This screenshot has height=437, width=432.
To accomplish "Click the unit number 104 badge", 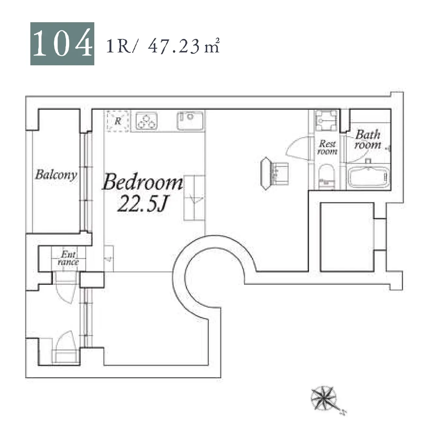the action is pyautogui.click(x=62, y=43).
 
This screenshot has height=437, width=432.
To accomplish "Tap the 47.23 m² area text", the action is pyautogui.click(x=184, y=46).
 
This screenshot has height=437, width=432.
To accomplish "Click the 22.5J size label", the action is pyautogui.click(x=143, y=204).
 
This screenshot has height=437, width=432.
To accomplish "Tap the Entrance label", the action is pyautogui.click(x=68, y=258).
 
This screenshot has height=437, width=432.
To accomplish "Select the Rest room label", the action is pyautogui.click(x=327, y=147).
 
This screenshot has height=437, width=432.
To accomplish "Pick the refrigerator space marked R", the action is pyautogui.click(x=118, y=121).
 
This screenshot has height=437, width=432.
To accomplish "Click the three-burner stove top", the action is pyautogui.click(x=147, y=121).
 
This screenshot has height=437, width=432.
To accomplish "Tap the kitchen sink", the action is pyautogui.click(x=190, y=121).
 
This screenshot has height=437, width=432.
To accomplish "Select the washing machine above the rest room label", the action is pyautogui.click(x=327, y=121).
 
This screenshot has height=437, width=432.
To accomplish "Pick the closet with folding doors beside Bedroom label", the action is pyautogui.click(x=194, y=198).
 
